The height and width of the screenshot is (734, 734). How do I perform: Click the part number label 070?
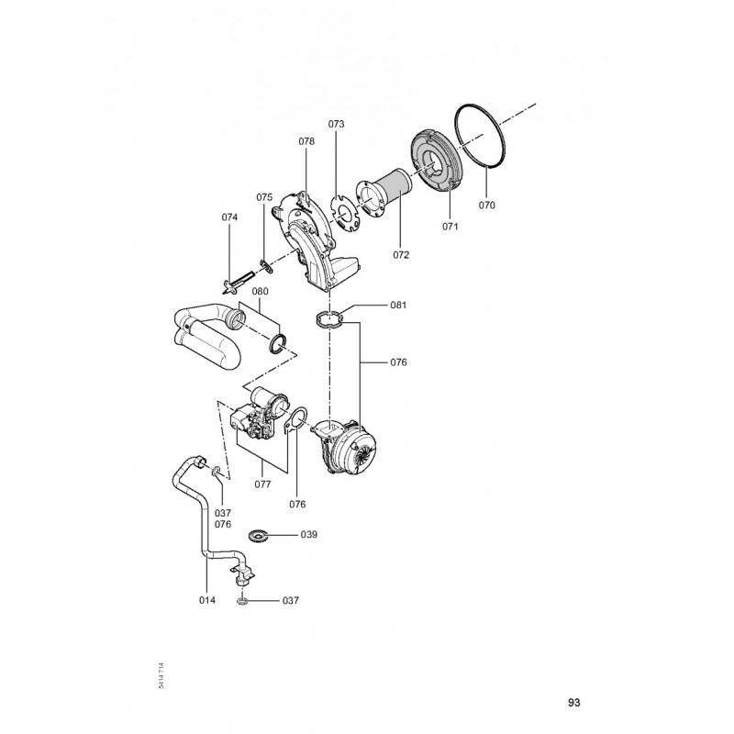point(487,205)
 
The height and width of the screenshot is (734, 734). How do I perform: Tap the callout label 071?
point(450,227)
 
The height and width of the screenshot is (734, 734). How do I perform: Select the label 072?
point(401,255)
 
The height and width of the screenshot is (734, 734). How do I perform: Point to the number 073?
point(336,124)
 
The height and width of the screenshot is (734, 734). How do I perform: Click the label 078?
point(306,141)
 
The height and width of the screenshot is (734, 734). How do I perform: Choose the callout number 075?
point(264,197)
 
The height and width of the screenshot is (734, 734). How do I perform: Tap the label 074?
point(230,217)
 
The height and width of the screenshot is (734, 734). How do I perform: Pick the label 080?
point(261,292)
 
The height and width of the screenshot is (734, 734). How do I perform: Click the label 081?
point(398,306)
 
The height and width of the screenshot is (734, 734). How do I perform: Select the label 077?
point(262,484)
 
